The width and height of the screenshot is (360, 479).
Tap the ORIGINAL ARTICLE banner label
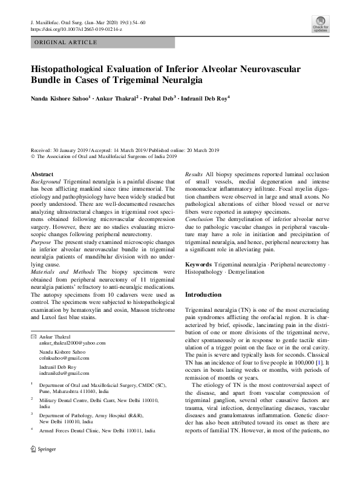coord(66,42)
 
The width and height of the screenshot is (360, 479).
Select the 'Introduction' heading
coord(203,294)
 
